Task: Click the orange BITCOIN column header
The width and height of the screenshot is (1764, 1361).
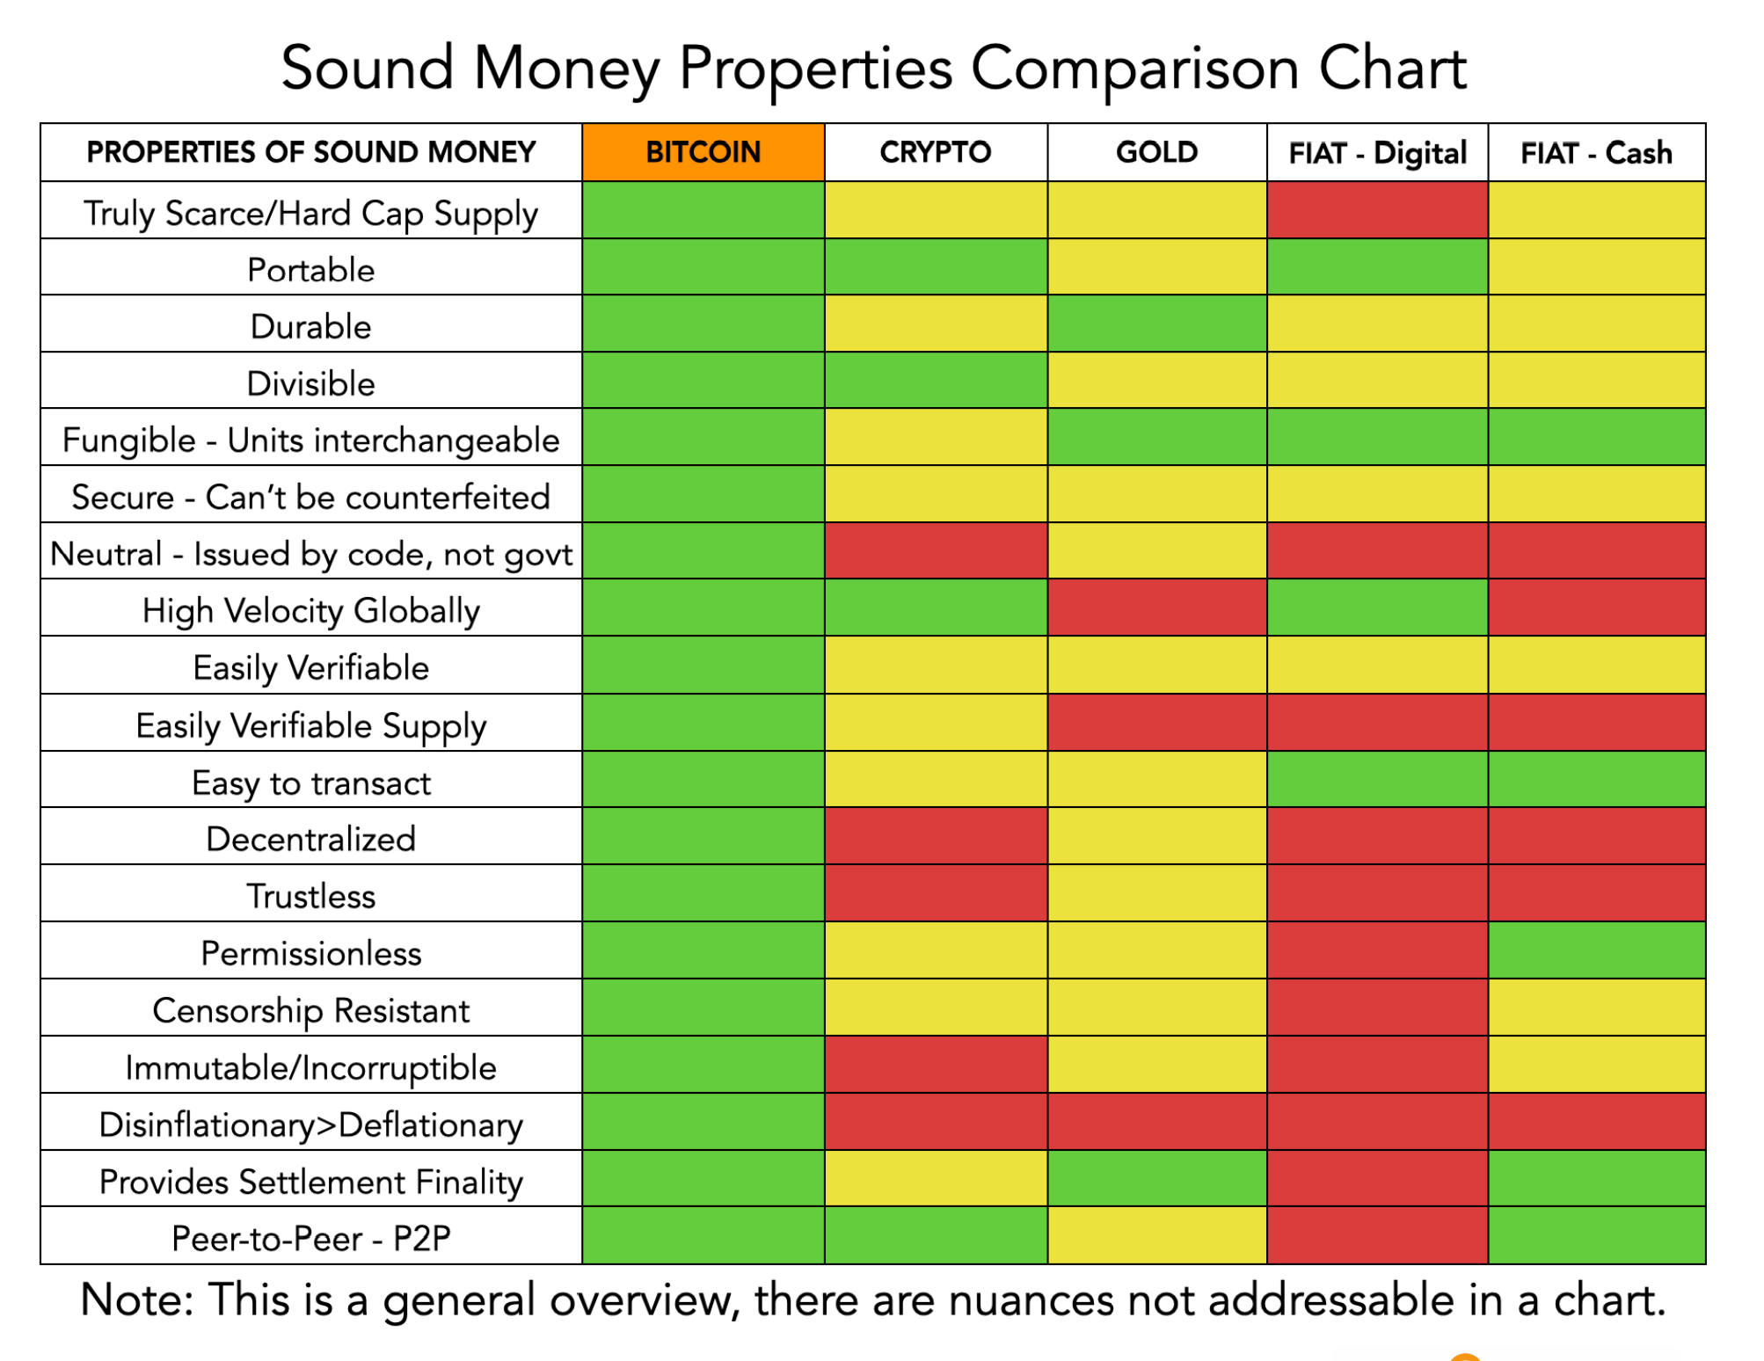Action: point(703,152)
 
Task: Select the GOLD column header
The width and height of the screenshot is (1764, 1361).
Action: point(1157,152)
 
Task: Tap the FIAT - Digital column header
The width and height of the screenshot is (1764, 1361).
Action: point(1377,152)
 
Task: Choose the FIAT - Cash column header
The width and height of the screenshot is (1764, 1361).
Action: point(1597,152)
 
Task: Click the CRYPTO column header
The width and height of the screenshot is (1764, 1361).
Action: point(936,152)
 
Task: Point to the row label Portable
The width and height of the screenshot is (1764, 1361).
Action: point(311,270)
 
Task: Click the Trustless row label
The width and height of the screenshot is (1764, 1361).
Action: point(311,896)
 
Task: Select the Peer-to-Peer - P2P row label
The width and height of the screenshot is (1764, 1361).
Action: point(311,1238)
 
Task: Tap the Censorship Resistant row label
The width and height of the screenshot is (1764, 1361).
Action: point(311,1011)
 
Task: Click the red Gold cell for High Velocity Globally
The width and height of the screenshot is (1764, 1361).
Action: point(1157,608)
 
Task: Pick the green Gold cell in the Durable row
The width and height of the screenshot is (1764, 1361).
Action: point(1157,324)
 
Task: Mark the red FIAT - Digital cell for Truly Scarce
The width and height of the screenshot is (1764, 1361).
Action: point(1377,210)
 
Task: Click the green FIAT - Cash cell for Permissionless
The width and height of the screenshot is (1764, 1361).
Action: point(1597,950)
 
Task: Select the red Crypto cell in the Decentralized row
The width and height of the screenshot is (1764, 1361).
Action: point(936,836)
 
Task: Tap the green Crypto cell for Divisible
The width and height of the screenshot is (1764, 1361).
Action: point(936,380)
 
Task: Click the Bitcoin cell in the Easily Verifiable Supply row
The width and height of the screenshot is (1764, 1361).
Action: point(703,723)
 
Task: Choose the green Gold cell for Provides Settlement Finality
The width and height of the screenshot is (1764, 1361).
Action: point(1157,1178)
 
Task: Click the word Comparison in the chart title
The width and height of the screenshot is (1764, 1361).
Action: point(1134,69)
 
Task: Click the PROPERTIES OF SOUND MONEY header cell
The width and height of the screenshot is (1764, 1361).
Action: point(311,152)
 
